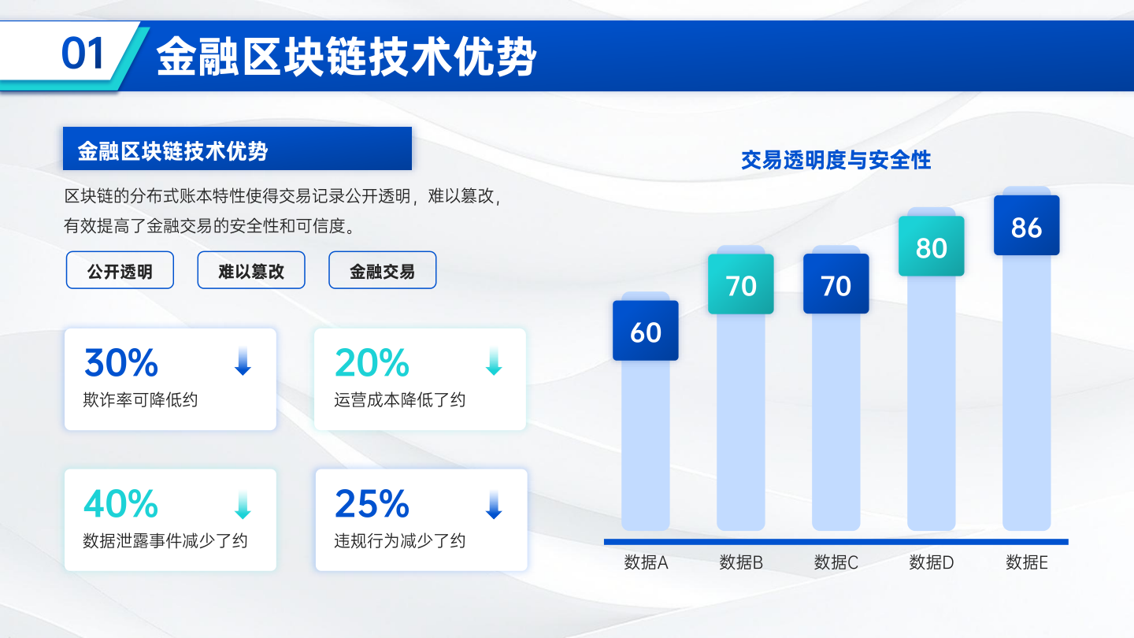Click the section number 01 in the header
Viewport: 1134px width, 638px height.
tap(83, 54)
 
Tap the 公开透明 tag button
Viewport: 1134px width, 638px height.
tap(120, 270)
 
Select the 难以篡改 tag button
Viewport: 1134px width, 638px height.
tap(251, 270)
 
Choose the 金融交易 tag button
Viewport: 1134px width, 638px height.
tap(382, 270)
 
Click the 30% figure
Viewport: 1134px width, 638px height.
tap(121, 362)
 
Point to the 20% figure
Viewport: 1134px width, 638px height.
tap(372, 362)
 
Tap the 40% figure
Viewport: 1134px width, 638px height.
tap(121, 503)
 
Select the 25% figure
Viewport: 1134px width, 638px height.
tap(372, 503)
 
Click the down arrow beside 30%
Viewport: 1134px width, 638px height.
tap(243, 361)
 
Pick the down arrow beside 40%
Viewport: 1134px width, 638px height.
tap(243, 504)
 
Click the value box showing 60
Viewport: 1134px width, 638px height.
tap(646, 331)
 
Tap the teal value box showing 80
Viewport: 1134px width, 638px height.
tap(931, 246)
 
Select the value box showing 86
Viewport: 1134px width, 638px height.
tap(1026, 225)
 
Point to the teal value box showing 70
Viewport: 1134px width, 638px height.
tap(740, 284)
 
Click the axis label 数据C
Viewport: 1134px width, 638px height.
tap(836, 562)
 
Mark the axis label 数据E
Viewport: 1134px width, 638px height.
tap(1027, 562)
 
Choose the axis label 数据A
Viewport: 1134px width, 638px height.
tap(646, 562)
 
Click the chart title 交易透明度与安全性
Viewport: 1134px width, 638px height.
tap(836, 160)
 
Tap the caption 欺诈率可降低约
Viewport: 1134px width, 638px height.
tap(140, 400)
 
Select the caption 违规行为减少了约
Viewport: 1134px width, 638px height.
tap(399, 541)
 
